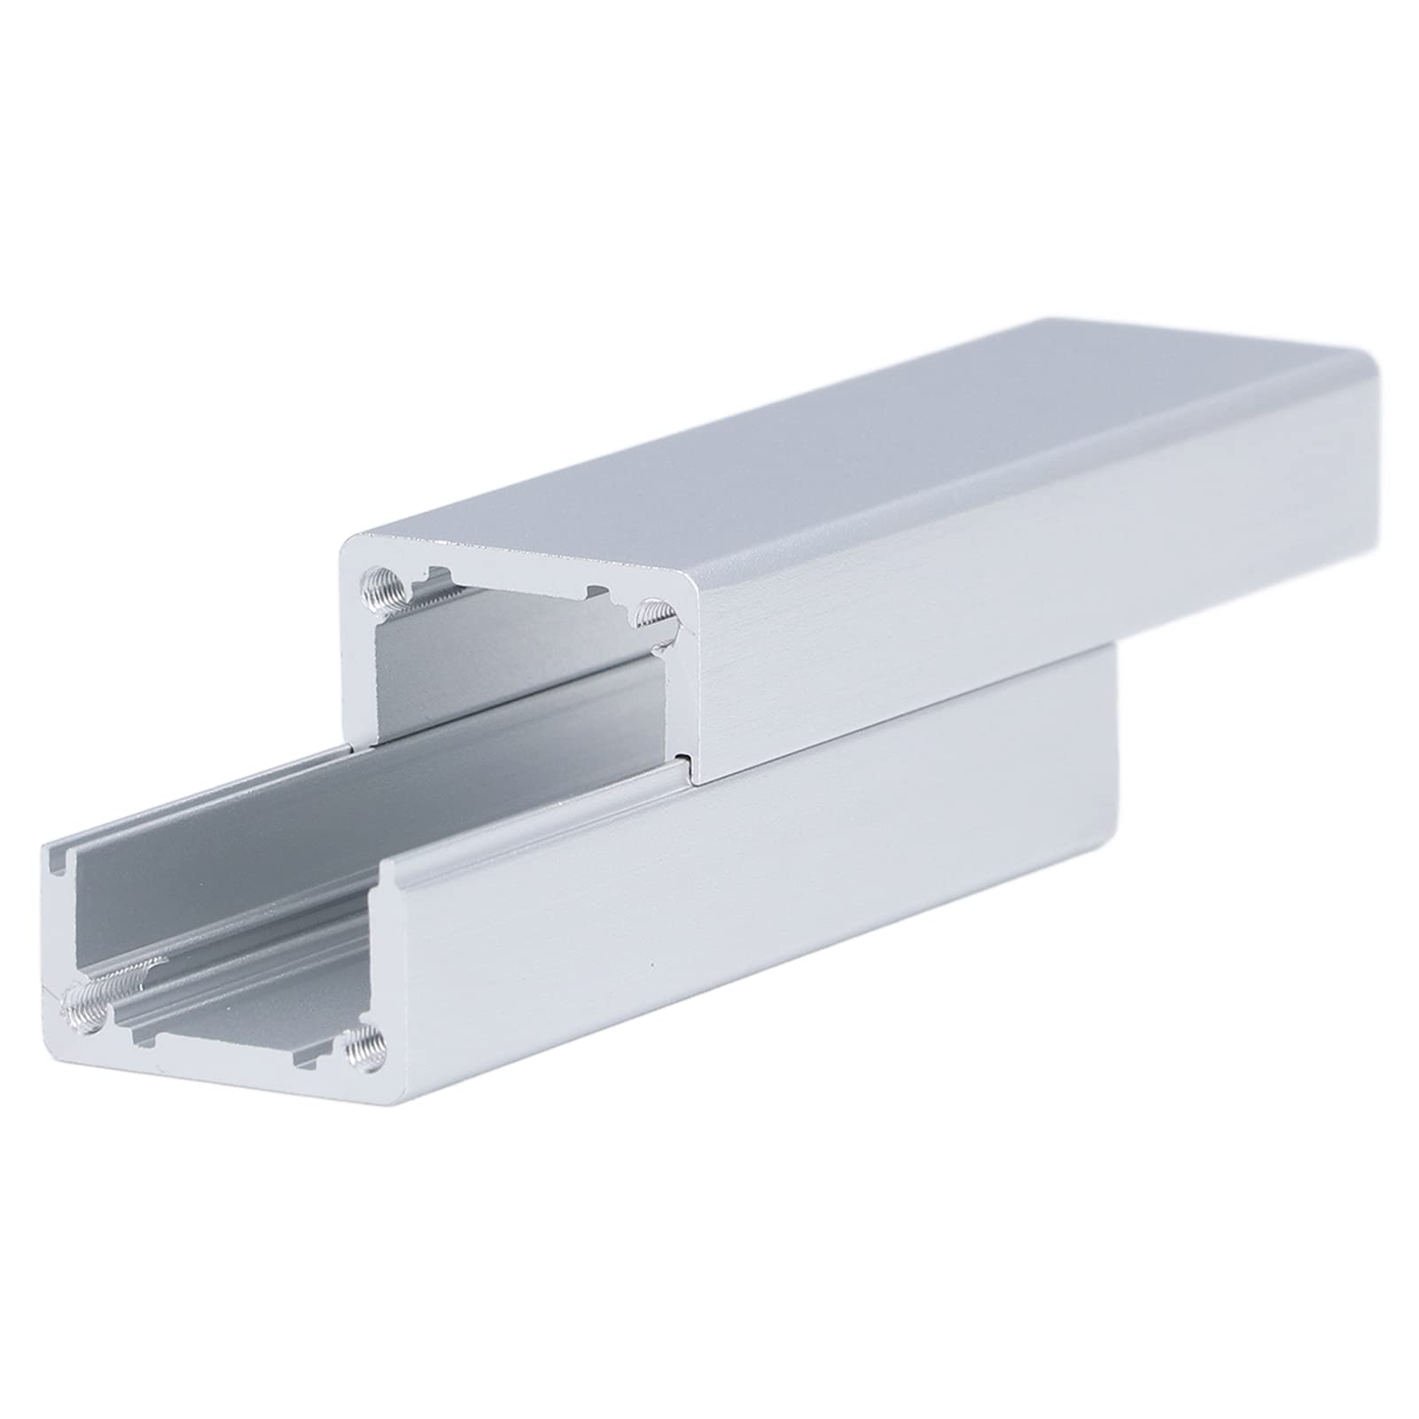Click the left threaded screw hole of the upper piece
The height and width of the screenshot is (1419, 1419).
(380, 588)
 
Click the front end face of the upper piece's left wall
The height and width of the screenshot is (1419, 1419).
(359, 691)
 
